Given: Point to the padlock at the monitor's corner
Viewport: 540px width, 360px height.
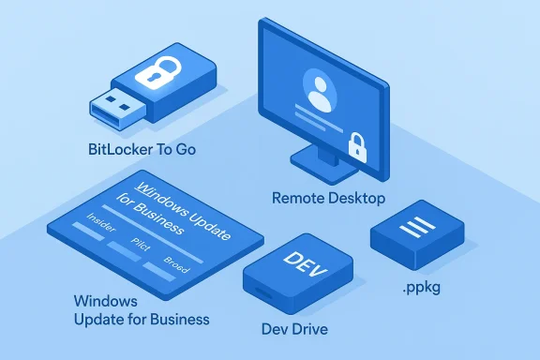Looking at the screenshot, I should (x=357, y=143).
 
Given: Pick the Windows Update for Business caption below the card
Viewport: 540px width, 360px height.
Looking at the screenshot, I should (x=141, y=310).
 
